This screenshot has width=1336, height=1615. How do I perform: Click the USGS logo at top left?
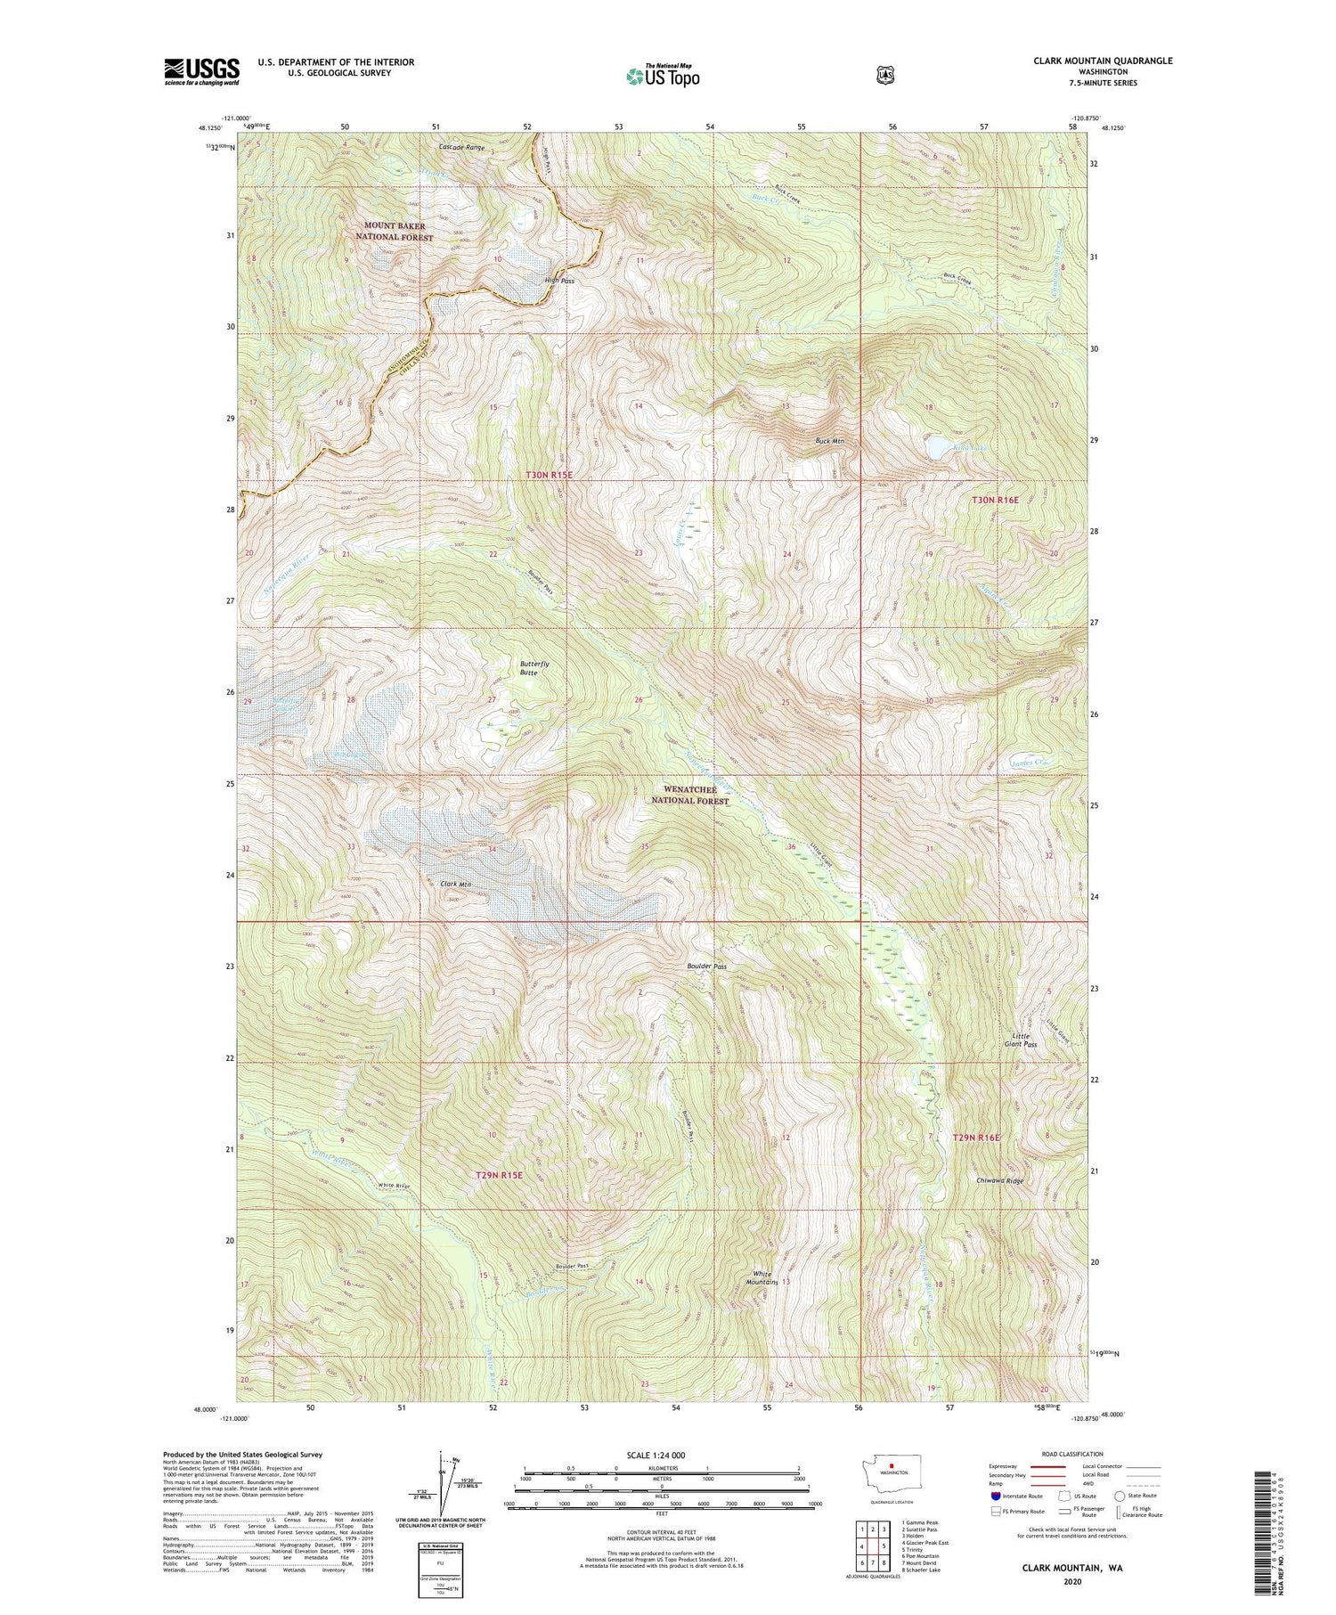tap(201, 71)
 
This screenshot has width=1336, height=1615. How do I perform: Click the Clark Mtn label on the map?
tap(455, 884)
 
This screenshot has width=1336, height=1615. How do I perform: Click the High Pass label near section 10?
tap(559, 281)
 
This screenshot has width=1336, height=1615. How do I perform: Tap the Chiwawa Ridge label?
tap(998, 1180)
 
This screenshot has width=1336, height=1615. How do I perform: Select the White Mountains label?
tap(763, 1277)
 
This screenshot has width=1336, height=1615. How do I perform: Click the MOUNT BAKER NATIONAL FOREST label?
tap(394, 232)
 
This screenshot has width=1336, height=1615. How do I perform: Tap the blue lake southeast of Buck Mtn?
tap(938, 446)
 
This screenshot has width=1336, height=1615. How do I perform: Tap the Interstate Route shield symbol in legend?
tap(995, 1496)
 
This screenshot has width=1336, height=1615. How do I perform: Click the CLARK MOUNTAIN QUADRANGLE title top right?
tap(1090, 61)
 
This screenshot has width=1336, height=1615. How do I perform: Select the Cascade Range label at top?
tap(461, 148)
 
